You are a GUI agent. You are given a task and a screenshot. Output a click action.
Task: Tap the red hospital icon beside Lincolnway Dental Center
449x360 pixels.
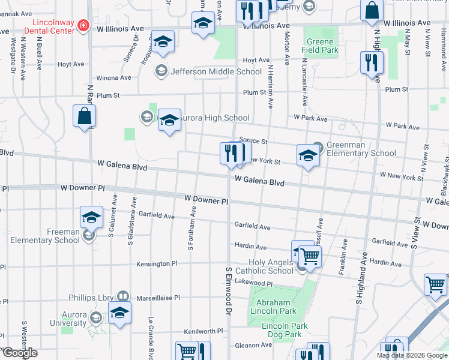point(83,26)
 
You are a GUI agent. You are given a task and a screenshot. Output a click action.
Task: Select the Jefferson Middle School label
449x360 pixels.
point(208,72)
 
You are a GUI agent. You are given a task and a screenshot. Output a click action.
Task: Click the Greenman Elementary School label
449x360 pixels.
point(361,149)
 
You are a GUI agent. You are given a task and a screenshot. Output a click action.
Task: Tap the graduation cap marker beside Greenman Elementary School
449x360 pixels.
point(308,155)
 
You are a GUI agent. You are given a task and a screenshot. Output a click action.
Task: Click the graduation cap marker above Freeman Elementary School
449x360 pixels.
point(91,217)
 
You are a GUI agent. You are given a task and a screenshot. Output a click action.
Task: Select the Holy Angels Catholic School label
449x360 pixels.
point(272,266)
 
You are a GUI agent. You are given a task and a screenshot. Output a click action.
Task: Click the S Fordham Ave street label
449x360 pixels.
point(191,229)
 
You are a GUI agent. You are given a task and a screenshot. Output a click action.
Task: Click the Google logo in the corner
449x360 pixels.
point(19,353)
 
